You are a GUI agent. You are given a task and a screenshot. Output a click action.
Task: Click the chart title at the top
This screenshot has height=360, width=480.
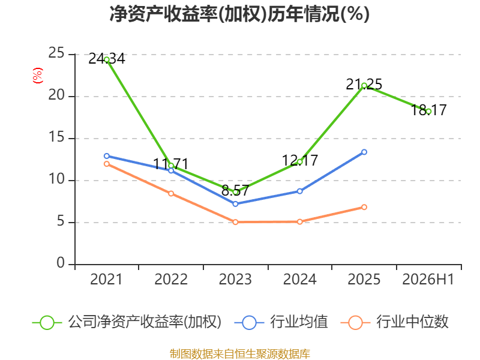pos(239,14)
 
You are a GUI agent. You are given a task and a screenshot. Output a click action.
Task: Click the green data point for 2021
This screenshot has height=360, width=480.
pos(107,59)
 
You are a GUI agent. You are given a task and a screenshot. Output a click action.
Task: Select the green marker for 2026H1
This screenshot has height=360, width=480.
pos(428,112)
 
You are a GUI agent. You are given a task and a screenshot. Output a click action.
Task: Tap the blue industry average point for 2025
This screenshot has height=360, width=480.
pos(364,152)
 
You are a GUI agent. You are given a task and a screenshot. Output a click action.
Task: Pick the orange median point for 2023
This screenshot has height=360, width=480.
pos(235,222)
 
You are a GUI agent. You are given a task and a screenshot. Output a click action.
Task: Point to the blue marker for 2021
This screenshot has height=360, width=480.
pos(107,156)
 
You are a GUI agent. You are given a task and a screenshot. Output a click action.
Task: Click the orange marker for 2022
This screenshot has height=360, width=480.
pos(171,193)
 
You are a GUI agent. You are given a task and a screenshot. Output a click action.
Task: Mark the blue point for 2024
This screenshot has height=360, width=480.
pos(299,191)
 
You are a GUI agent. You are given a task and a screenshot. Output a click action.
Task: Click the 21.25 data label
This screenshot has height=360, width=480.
pos(364,84)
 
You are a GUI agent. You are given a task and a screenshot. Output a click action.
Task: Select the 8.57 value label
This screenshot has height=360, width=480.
pos(235,190)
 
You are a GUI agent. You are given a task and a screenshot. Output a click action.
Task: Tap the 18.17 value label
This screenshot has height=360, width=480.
pos(428,110)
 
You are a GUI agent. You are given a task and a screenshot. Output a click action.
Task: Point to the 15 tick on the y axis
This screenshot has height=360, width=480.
pos(56,137)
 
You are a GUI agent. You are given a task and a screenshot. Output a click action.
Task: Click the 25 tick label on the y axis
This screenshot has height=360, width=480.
pos(56,53)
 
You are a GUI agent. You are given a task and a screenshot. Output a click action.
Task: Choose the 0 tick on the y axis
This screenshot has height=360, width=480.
pos(61,263)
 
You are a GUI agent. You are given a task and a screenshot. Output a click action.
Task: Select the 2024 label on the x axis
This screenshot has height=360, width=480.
pos(299,279)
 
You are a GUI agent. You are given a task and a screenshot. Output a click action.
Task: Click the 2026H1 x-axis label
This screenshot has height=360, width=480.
pos(428,279)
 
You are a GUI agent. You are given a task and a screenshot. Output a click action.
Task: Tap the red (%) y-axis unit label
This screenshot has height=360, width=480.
pos(38,76)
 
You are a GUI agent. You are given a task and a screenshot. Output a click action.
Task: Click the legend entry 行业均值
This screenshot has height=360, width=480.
pos(281,322)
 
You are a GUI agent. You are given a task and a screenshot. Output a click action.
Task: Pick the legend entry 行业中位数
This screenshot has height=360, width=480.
pos(394,322)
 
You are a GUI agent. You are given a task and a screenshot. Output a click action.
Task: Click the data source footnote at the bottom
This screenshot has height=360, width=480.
pos(239,354)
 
